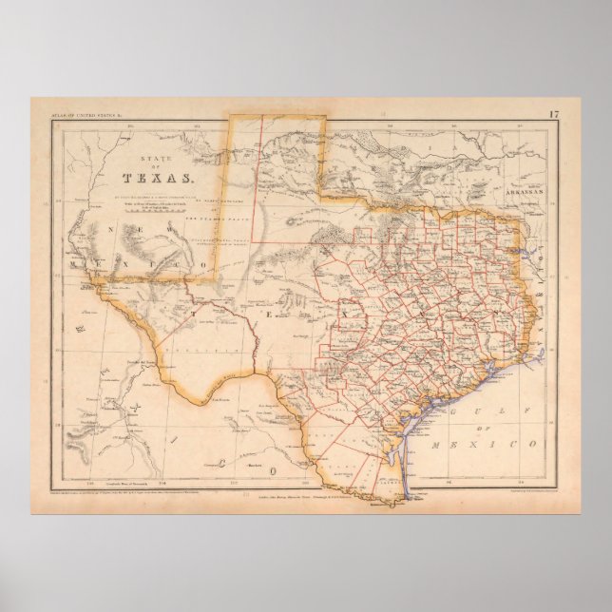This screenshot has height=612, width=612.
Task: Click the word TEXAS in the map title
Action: [158, 176]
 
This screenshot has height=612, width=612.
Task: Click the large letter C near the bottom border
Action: [220, 463]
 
